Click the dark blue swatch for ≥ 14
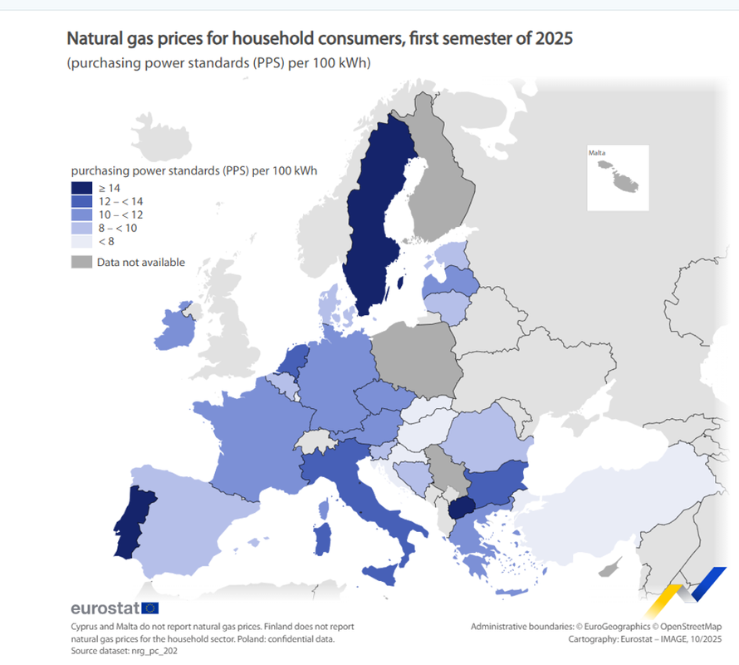tap(81, 188)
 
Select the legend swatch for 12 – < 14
tap(81, 201)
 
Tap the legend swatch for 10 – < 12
tap(81, 214)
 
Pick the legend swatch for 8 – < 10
tap(81, 228)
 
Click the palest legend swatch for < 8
tap(81, 242)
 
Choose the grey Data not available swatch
tap(81, 262)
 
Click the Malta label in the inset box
tap(597, 153)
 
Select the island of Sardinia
tap(322, 539)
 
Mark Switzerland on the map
tap(316, 442)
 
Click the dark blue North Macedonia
tap(460, 508)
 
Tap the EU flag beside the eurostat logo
tap(149, 608)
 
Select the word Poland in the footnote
tap(252, 639)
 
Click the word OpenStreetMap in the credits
tap(691, 627)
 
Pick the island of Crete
tap(511, 593)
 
